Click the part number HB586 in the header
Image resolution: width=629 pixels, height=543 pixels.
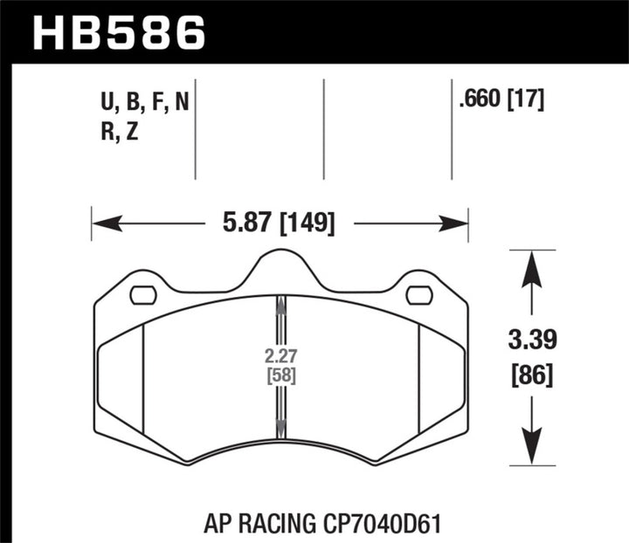(x=120, y=34)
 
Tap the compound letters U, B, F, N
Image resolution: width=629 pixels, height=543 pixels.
(x=144, y=104)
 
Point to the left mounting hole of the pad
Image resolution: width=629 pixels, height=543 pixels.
(x=142, y=295)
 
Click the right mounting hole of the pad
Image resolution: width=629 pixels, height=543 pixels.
(x=419, y=295)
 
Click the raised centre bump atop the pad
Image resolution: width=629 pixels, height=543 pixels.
(x=280, y=264)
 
